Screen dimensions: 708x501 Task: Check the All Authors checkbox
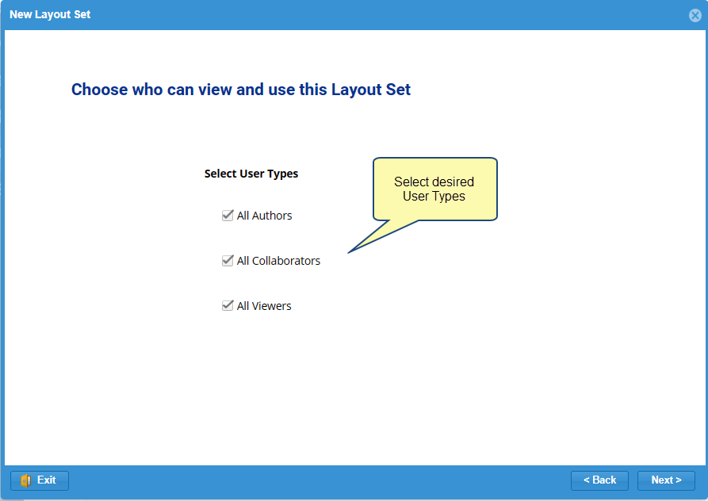point(228,216)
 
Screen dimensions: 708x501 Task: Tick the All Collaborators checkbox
point(228,261)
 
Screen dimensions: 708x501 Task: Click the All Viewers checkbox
point(228,305)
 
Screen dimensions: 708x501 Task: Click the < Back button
point(599,480)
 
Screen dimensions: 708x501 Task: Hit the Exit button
point(40,480)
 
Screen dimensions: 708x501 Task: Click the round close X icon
point(695,15)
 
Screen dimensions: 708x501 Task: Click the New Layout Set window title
point(50,14)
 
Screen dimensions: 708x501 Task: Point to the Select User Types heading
point(251,174)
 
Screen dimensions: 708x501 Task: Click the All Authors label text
point(264,216)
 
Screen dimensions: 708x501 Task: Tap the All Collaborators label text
point(278,261)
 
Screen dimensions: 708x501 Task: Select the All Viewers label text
point(264,306)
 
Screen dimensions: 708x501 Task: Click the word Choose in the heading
point(99,90)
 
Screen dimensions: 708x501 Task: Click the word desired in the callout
point(453,182)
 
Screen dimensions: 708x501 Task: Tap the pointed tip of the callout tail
point(348,253)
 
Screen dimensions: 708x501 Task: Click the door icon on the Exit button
point(25,480)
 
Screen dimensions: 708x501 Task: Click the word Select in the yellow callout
point(411,182)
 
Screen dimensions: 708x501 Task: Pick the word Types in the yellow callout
point(449,197)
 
